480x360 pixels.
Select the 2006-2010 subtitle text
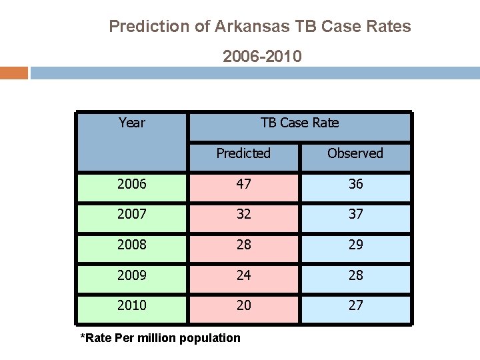tap(262, 57)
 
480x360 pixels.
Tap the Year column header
tap(131, 123)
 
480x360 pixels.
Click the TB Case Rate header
tap(299, 123)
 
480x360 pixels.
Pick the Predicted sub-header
tap(243, 153)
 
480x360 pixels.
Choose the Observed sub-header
tap(355, 153)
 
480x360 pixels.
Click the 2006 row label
tap(131, 184)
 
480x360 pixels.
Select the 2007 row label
tap(131, 215)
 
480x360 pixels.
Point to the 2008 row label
tap(131, 245)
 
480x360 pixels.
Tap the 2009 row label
tap(131, 275)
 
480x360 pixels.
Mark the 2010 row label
tap(131, 306)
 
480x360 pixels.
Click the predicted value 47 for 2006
tap(243, 184)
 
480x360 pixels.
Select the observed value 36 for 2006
tap(355, 184)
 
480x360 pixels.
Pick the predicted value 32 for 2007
tap(243, 215)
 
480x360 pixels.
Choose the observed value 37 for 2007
tap(355, 215)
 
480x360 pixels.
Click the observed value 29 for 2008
tap(355, 245)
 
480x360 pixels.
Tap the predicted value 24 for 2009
tap(243, 275)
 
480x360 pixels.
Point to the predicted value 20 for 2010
tap(243, 306)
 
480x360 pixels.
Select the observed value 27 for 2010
tap(355, 306)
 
